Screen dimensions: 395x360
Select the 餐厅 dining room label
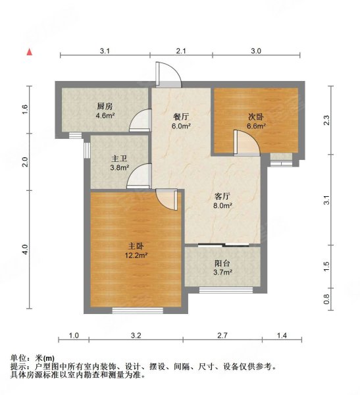pos(182,117)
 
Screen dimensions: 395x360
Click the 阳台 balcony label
pos(222,262)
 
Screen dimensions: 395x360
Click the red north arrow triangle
pos(29,51)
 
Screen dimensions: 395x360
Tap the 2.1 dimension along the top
pos(182,51)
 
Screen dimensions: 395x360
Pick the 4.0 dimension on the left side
pos(26,250)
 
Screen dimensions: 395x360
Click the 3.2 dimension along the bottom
pos(136,336)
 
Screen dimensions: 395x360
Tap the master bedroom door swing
pos(167,199)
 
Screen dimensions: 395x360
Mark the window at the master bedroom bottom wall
pos(137,307)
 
